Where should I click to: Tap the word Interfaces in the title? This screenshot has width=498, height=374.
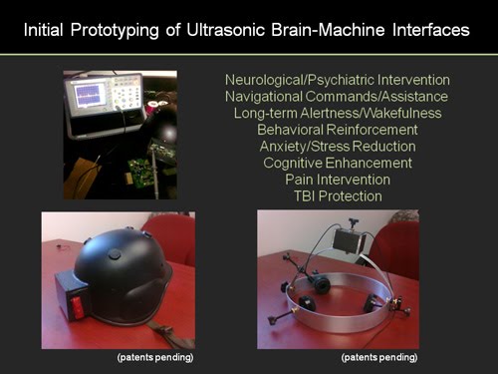coord(426,31)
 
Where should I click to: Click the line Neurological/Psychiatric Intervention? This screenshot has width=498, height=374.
coord(337,79)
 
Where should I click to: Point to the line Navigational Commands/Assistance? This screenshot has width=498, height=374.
coord(337,96)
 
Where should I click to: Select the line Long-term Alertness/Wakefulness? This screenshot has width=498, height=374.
coord(337,113)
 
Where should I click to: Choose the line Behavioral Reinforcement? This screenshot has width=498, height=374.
coord(337,130)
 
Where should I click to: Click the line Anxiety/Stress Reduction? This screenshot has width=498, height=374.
coord(337,147)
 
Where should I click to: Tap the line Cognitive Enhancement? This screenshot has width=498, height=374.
coord(337,163)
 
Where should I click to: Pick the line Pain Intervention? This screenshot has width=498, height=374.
coord(337,180)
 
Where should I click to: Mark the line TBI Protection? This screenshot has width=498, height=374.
coord(337,196)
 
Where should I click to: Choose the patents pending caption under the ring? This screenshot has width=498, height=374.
coord(378,357)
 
